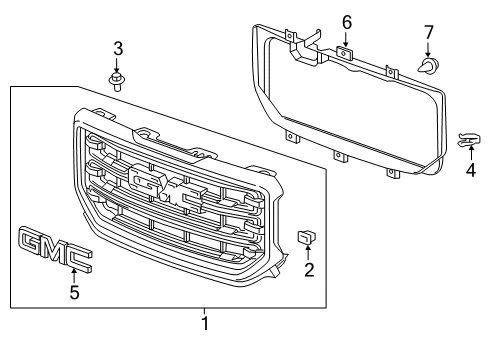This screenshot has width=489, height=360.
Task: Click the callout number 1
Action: [204, 323]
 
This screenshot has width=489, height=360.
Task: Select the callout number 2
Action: [310, 269]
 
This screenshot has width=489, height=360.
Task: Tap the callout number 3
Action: [117, 48]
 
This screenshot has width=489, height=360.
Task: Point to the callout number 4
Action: [471, 170]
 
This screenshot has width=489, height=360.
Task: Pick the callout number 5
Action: [72, 293]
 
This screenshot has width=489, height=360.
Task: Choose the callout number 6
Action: [347, 22]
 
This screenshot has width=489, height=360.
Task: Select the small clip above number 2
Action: [307, 237]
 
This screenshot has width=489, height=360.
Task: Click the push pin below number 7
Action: [429, 68]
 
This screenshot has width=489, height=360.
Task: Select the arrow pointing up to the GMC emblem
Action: [72, 274]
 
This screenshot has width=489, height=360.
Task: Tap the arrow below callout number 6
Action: [347, 38]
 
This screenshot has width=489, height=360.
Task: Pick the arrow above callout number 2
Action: [310, 253]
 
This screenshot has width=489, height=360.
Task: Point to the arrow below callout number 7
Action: [428, 51]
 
